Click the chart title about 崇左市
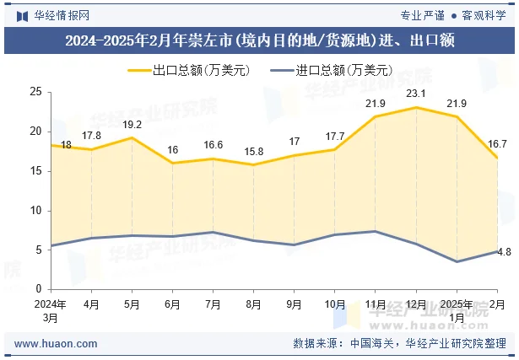click(259, 40)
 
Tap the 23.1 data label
click(416, 94)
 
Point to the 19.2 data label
click(132, 125)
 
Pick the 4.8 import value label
click(503, 252)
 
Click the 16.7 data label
click(498, 144)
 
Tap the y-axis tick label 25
click(35, 92)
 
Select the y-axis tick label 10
click(35, 211)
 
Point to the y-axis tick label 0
click(37, 289)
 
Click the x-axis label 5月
click(132, 304)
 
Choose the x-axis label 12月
click(416, 304)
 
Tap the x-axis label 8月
click(253, 304)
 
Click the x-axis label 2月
click(498, 304)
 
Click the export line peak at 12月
click(416, 107)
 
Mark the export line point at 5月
click(132, 137)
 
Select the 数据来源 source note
click(399, 344)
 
